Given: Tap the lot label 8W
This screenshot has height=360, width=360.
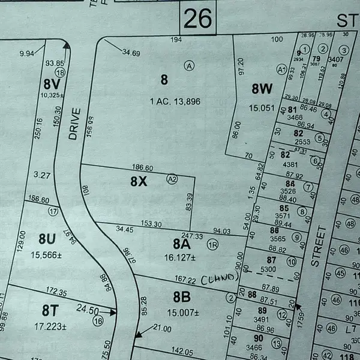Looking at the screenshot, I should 262,89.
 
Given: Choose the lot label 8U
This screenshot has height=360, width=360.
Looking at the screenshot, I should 47,239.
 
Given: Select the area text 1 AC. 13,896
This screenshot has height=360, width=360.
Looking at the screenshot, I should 175,102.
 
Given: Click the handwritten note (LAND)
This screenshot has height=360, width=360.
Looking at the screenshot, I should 220,278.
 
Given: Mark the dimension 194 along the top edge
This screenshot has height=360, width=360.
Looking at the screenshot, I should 175,40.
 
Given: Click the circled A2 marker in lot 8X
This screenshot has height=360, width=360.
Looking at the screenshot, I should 173,178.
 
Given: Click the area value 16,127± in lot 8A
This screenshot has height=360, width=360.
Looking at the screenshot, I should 179,257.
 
